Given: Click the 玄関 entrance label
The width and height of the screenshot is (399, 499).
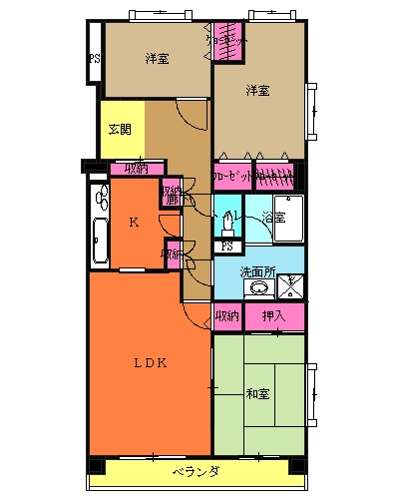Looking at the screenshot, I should pyautogui.click(x=121, y=130).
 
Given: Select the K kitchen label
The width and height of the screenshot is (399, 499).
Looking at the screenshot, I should pyautogui.click(x=134, y=223).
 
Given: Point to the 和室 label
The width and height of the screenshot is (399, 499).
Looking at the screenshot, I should pyautogui.click(x=257, y=393).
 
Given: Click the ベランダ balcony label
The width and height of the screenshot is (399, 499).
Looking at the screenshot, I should pyautogui.click(x=196, y=470).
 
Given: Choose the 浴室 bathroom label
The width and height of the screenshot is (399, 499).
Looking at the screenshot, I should pyautogui.click(x=272, y=217).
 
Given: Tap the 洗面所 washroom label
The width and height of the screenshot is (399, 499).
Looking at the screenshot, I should pyautogui.click(x=257, y=271).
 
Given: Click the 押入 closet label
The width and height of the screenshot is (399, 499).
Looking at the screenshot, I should pyautogui.click(x=273, y=316).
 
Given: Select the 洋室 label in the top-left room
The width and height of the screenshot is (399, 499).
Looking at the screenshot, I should pyautogui.click(x=157, y=58).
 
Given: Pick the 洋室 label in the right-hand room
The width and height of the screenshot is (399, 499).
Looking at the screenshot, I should pyautogui.click(x=257, y=92).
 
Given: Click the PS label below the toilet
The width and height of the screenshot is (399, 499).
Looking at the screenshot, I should pyautogui.click(x=227, y=247).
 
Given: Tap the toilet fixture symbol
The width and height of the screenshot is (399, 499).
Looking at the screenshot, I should pyautogui.click(x=228, y=221).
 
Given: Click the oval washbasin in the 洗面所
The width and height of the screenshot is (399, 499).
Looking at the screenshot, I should pyautogui.click(x=259, y=289).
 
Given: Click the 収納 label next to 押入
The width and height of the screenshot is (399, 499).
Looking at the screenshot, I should pyautogui.click(x=227, y=316).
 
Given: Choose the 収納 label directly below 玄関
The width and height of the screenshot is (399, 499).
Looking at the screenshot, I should pyautogui.click(x=137, y=168).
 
